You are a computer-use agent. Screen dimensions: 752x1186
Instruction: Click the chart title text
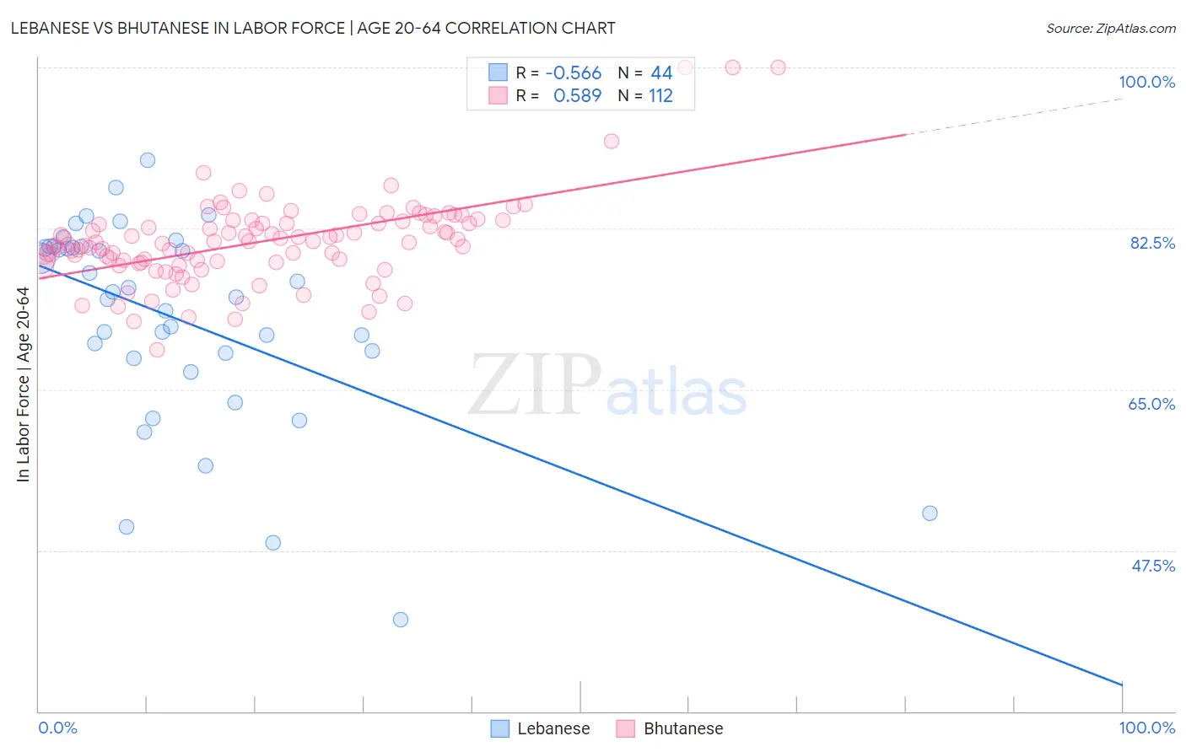click(313, 28)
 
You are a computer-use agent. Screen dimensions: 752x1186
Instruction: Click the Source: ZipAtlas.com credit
click(1110, 28)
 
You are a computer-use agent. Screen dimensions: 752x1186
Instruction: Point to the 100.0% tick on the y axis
click(1146, 82)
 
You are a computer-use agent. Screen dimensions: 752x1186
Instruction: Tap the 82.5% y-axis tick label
click(1152, 243)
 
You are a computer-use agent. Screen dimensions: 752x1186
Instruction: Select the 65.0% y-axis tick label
click(1151, 404)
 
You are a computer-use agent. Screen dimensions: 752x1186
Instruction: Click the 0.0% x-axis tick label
click(57, 728)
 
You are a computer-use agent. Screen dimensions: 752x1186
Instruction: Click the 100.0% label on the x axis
click(1146, 728)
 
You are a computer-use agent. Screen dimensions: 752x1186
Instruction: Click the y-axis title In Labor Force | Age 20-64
click(23, 384)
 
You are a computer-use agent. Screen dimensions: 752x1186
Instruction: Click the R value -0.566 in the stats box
click(573, 73)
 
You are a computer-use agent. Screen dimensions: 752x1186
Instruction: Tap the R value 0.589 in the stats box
click(577, 96)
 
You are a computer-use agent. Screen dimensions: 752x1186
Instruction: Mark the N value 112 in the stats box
click(660, 96)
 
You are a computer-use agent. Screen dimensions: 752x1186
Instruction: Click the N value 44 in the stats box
click(661, 73)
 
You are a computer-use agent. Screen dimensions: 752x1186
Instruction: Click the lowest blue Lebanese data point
click(401, 620)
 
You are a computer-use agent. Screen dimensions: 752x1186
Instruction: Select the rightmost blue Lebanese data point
click(930, 513)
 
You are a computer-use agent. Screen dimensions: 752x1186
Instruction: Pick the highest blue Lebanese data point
click(148, 160)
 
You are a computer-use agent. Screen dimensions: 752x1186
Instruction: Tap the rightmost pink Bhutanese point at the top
click(778, 67)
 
